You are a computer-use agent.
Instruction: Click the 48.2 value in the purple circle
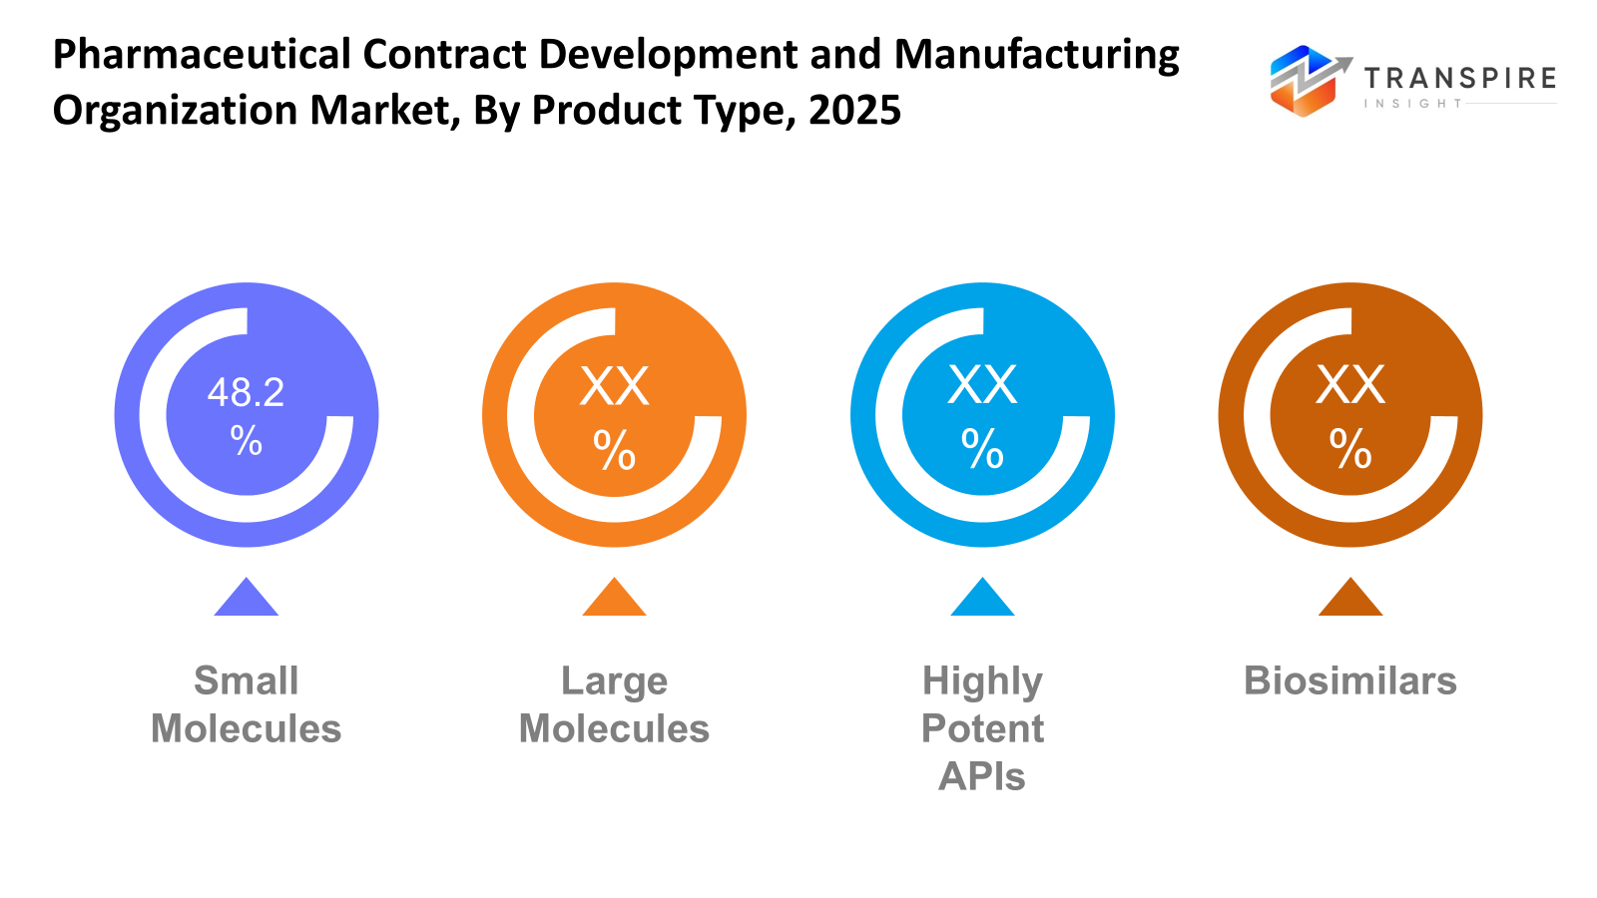point(246,392)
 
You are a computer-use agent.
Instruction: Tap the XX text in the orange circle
point(614,386)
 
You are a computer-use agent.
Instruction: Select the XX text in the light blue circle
point(982,384)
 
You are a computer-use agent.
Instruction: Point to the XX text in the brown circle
point(1349,384)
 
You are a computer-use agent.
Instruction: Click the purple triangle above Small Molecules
point(246,600)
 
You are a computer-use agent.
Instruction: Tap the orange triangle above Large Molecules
point(614,600)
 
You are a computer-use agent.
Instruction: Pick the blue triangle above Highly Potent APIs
point(982,600)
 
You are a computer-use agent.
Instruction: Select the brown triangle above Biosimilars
point(1349,600)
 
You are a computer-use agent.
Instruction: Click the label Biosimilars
point(1349,680)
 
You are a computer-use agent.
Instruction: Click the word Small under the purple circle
point(246,680)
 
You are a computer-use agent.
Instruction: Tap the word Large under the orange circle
point(614,680)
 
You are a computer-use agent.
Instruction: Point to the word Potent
point(982,728)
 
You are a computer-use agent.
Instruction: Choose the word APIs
point(982,776)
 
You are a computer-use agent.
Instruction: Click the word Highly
point(982,682)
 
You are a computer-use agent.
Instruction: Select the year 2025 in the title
point(854,110)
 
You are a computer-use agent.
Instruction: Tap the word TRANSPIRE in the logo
point(1460,79)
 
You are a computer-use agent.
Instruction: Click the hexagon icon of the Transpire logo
point(1303,82)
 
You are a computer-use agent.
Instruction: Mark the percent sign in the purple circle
point(246,440)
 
